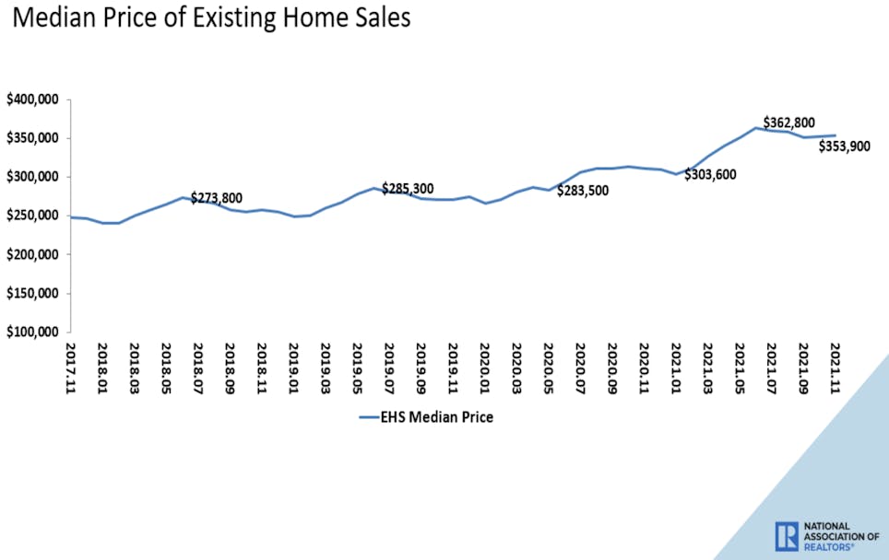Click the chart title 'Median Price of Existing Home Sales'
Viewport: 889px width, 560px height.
point(210,18)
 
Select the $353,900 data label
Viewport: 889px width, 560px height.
point(844,146)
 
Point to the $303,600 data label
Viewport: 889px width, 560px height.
point(710,175)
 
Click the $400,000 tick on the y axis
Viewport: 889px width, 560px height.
point(33,99)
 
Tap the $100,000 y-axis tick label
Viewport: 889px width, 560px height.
point(33,332)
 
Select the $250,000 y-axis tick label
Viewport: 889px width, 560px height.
point(33,216)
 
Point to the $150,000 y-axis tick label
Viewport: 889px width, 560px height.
point(33,293)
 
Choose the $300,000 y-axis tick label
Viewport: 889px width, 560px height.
point(33,177)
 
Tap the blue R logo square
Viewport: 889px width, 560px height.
point(787,536)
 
